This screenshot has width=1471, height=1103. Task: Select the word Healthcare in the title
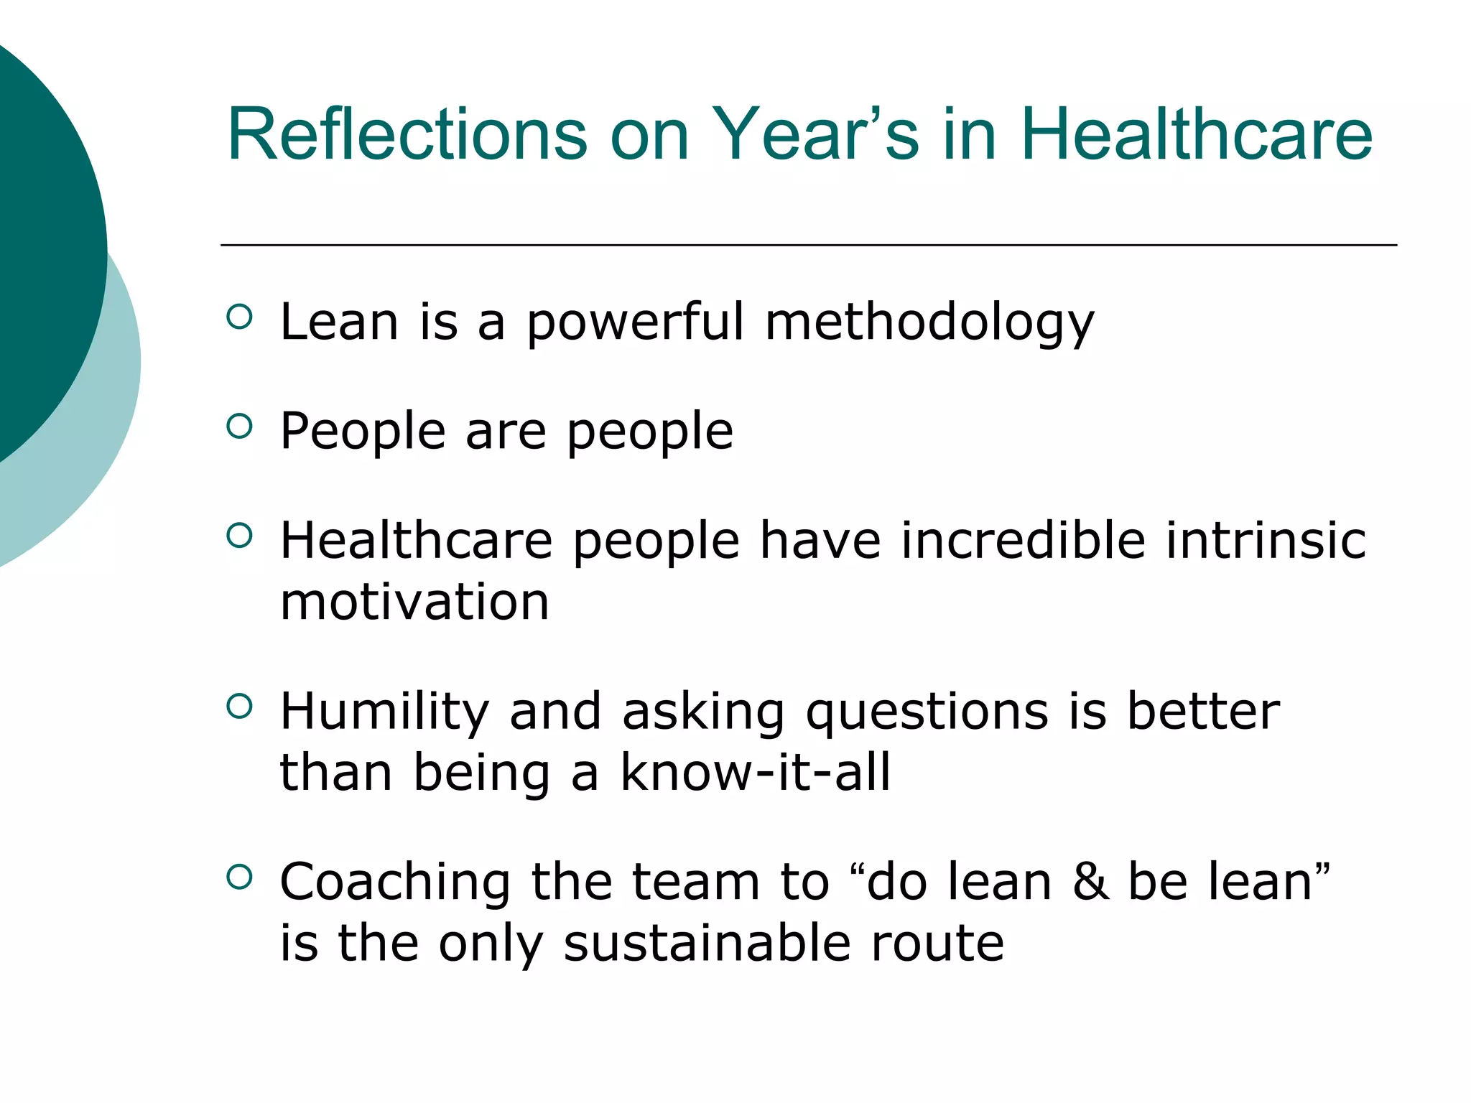1196,135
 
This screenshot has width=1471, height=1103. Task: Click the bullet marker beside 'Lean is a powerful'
239,317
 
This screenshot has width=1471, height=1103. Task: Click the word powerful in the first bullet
635,322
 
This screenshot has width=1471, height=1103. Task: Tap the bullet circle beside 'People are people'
239,427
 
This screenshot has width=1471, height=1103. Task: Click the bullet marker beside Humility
239,706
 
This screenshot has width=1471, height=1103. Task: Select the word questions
927,712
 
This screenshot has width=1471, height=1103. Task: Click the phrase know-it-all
754,773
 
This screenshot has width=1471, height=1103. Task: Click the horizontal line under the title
808,246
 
